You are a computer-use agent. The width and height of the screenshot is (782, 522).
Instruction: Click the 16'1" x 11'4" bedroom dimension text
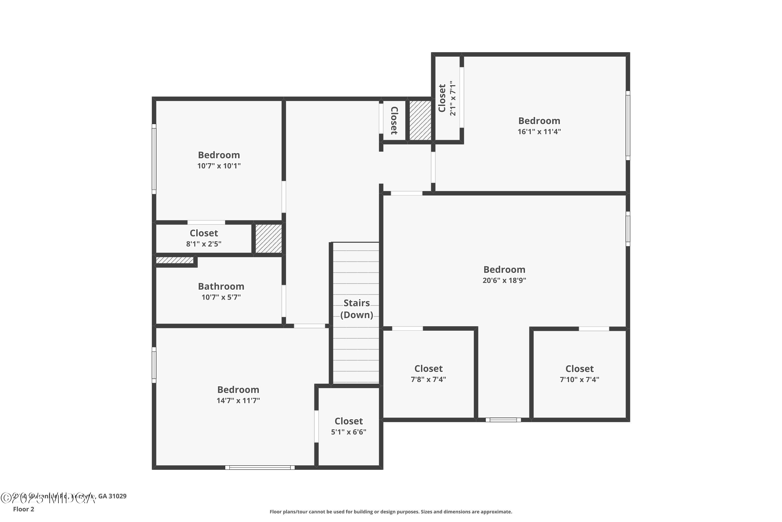click(539, 132)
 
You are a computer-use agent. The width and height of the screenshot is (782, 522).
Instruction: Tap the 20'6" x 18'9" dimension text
click(504, 280)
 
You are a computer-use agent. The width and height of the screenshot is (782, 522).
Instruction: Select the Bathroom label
click(221, 286)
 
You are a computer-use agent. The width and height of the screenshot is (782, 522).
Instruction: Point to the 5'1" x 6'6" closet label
click(349, 426)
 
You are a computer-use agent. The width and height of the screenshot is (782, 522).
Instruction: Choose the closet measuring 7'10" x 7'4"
click(579, 374)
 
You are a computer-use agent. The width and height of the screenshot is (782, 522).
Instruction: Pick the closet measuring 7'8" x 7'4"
click(428, 374)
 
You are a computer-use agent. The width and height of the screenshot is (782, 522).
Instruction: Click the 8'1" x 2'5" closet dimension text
click(204, 244)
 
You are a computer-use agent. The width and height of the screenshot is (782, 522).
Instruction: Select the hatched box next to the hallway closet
click(420, 120)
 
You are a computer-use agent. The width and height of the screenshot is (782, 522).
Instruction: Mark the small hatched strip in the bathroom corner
click(175, 260)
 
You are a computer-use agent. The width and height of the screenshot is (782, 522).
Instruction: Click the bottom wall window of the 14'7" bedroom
click(260, 467)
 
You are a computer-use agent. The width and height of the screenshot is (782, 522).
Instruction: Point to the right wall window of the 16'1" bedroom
click(628, 126)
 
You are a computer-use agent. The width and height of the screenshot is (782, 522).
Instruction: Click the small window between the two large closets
click(503, 420)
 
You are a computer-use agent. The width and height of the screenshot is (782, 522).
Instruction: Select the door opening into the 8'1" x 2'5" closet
click(206, 222)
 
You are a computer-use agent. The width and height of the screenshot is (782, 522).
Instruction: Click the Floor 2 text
click(24, 509)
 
